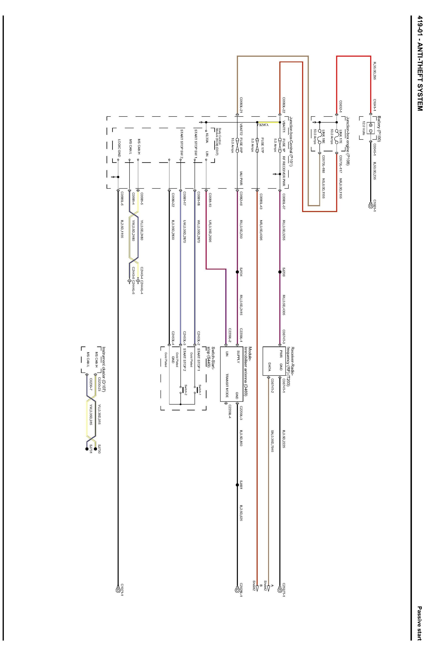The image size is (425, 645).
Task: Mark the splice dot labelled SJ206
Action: click(x=280, y=272)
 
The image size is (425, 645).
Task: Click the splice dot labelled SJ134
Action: click(x=237, y=272)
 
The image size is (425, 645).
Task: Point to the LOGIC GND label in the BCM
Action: click(x=119, y=148)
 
